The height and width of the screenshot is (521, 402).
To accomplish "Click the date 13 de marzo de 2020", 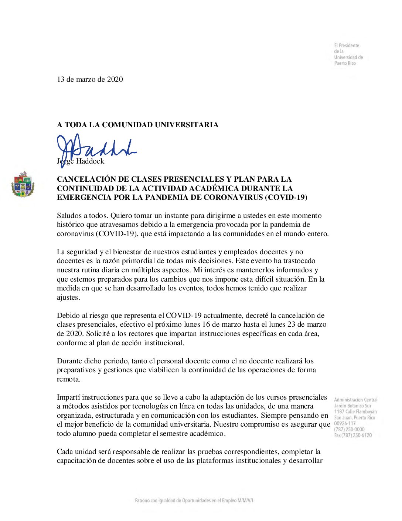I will [x=90, y=79].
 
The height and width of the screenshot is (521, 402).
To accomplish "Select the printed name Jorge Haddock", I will [x=81, y=161].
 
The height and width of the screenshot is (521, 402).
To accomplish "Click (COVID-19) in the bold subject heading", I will [x=286, y=197].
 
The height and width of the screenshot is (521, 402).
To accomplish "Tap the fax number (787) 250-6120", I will [x=353, y=435].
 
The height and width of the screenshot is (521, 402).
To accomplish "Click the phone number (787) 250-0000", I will [x=349, y=429].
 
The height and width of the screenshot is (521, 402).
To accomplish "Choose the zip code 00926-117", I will [x=345, y=423].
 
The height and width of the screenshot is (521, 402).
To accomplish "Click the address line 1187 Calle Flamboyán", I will [x=355, y=411].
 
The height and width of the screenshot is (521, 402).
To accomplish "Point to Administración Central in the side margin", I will [x=355, y=400].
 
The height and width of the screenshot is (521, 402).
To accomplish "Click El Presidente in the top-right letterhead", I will [x=347, y=46].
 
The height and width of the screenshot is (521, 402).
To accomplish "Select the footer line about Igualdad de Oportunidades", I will [x=194, y=500].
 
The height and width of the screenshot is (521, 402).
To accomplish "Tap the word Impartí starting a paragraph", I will [x=68, y=397].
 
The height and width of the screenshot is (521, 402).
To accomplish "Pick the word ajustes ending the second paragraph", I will [x=68, y=297].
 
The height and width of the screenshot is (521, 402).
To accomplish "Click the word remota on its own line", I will [x=68, y=379].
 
